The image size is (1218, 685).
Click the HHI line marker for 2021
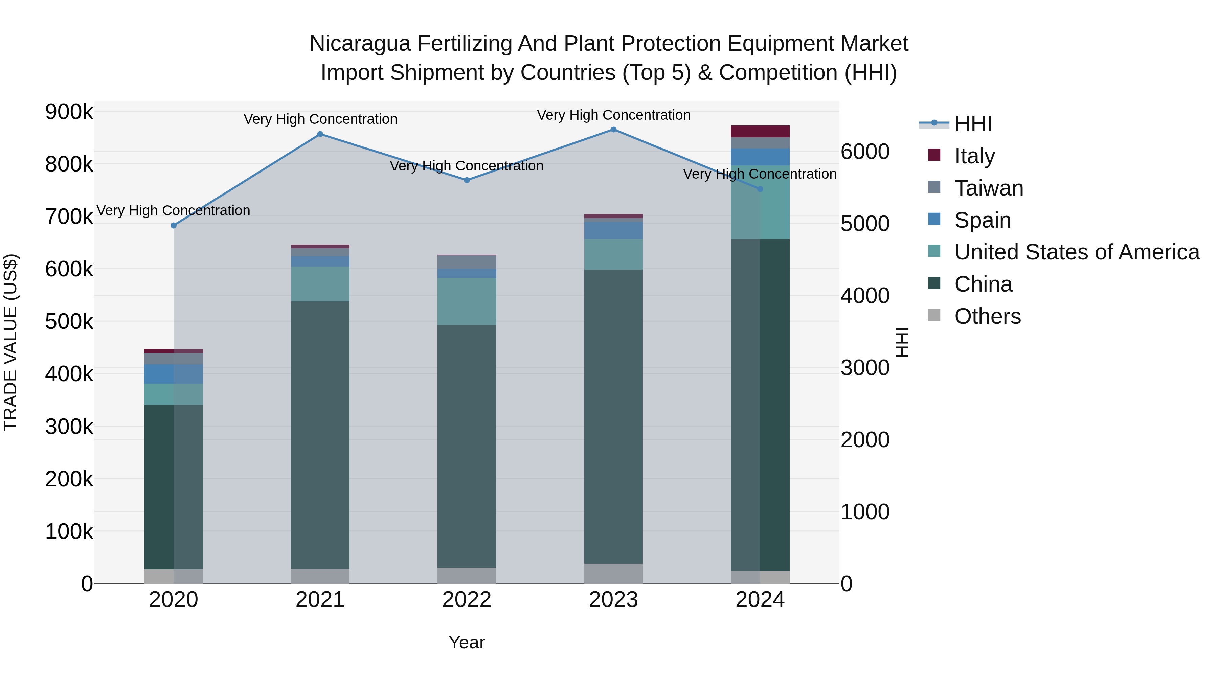click(320, 134)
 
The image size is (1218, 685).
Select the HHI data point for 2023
click(613, 130)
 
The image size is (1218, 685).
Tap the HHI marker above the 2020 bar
click(174, 226)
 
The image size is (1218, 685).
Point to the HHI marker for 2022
click(467, 180)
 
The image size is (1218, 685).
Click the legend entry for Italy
click(974, 156)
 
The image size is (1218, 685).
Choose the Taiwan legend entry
click(989, 188)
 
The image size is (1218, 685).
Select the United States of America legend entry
click(1077, 252)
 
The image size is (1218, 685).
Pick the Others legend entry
click(987, 316)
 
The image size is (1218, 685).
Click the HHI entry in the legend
click(973, 124)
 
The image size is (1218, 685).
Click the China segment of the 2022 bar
click(467, 444)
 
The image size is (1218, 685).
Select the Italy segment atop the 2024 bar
click(760, 132)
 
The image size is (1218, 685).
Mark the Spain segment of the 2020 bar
click(174, 374)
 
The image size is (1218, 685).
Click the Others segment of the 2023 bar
click(613, 573)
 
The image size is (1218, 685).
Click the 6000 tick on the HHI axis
click(865, 152)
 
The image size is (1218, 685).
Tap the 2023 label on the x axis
click(613, 600)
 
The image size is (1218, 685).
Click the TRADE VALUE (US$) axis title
click(10, 342)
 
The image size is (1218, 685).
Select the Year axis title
click(467, 642)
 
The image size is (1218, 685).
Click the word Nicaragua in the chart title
click(360, 44)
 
